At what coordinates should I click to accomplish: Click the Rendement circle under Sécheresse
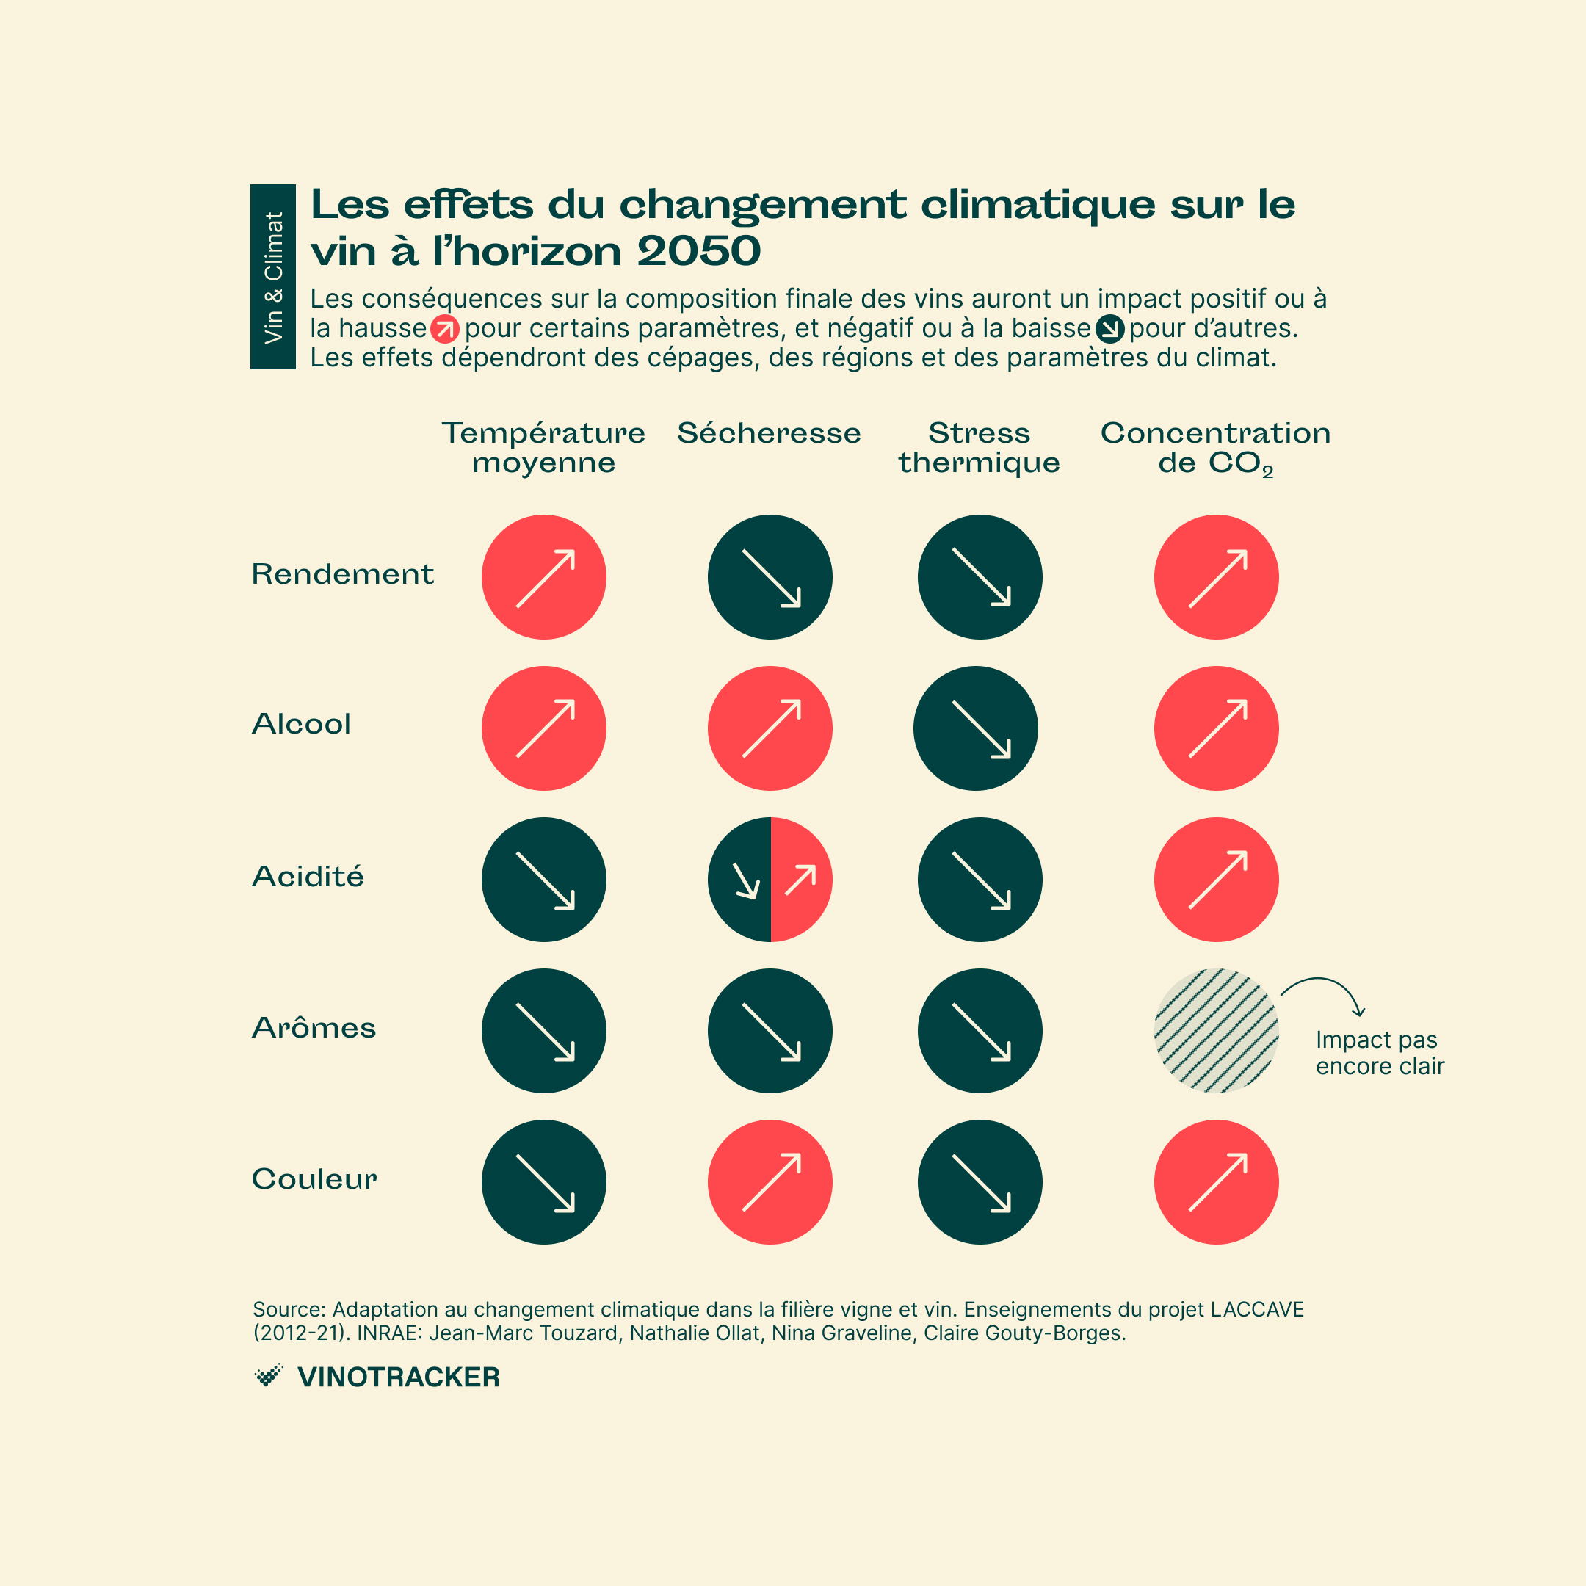click(770, 577)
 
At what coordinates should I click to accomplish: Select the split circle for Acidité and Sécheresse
click(770, 879)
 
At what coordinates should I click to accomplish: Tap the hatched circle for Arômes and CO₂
click(1216, 1030)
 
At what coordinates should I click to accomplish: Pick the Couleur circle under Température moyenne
click(543, 1181)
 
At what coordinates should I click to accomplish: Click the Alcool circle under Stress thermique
click(975, 728)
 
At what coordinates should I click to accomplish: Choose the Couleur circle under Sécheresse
click(770, 1181)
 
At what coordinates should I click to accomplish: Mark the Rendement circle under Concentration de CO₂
click(1216, 577)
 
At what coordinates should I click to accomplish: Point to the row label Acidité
click(308, 877)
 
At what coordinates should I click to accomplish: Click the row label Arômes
click(314, 1028)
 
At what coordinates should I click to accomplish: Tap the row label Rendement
click(342, 573)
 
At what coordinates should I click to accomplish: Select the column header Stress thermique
click(979, 447)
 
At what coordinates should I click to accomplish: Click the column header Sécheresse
click(770, 433)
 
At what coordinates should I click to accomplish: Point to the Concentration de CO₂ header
click(1215, 448)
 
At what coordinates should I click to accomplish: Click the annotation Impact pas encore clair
click(1379, 1052)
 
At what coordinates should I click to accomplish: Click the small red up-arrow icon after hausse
click(444, 329)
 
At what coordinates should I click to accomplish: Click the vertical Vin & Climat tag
click(272, 277)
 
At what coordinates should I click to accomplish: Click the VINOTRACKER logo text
click(398, 1377)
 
